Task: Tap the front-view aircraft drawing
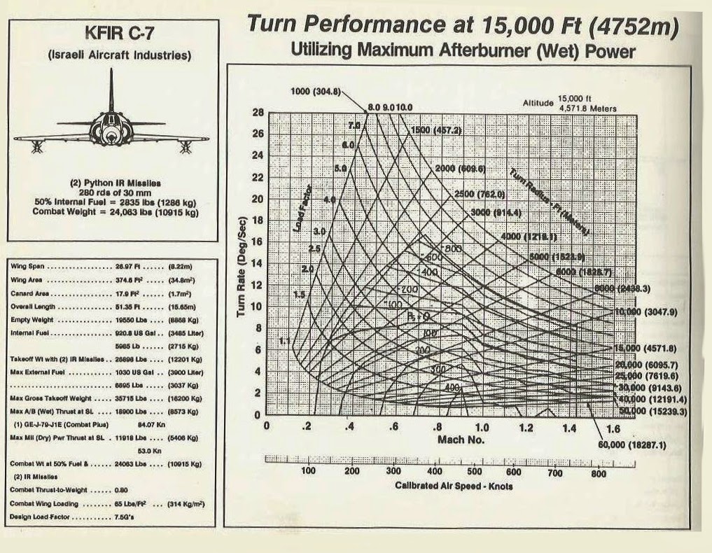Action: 111,126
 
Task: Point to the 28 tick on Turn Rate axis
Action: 256,112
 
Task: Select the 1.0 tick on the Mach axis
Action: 482,427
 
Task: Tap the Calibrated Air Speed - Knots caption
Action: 453,486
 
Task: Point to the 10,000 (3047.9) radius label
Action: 649,311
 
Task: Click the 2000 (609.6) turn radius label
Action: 460,169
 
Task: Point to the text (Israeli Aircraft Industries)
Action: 112,54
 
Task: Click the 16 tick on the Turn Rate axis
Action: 256,241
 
